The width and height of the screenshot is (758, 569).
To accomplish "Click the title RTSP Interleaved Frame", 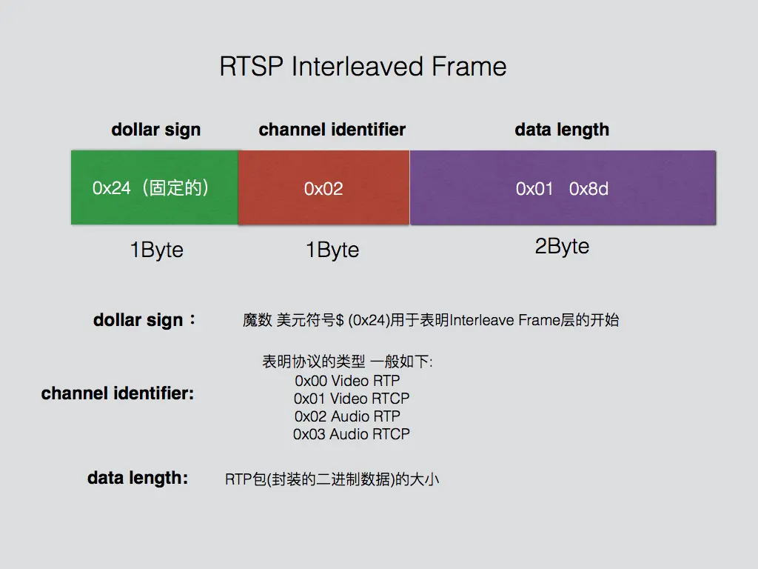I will tap(363, 67).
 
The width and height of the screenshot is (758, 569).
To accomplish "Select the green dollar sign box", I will tap(154, 188).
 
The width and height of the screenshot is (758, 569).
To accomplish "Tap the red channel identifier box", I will tap(323, 188).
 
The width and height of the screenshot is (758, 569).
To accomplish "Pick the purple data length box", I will tap(563, 188).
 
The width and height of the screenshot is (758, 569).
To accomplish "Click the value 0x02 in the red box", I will tap(323, 189).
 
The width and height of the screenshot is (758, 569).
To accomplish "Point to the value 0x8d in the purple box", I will tap(588, 189).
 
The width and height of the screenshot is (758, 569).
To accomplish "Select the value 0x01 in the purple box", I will tap(534, 189).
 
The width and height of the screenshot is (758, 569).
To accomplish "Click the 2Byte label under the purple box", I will tap(562, 247).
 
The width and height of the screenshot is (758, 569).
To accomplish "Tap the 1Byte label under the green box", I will tap(156, 250).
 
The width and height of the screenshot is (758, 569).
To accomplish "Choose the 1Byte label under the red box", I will tap(332, 250).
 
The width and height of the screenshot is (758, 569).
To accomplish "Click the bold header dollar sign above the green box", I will tap(155, 130).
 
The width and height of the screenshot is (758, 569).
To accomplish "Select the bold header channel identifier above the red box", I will tap(332, 130).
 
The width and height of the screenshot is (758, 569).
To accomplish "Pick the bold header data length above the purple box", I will tap(562, 130).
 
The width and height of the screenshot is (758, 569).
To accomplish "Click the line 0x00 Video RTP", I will tap(347, 381).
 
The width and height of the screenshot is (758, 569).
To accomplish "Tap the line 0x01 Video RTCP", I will tap(352, 399).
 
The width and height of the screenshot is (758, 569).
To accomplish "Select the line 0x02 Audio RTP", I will tap(347, 416).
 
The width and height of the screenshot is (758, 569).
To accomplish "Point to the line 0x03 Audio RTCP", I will tap(352, 434).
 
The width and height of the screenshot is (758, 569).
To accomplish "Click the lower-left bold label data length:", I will tap(138, 479).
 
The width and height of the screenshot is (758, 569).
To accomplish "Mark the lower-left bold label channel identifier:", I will tap(118, 393).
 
